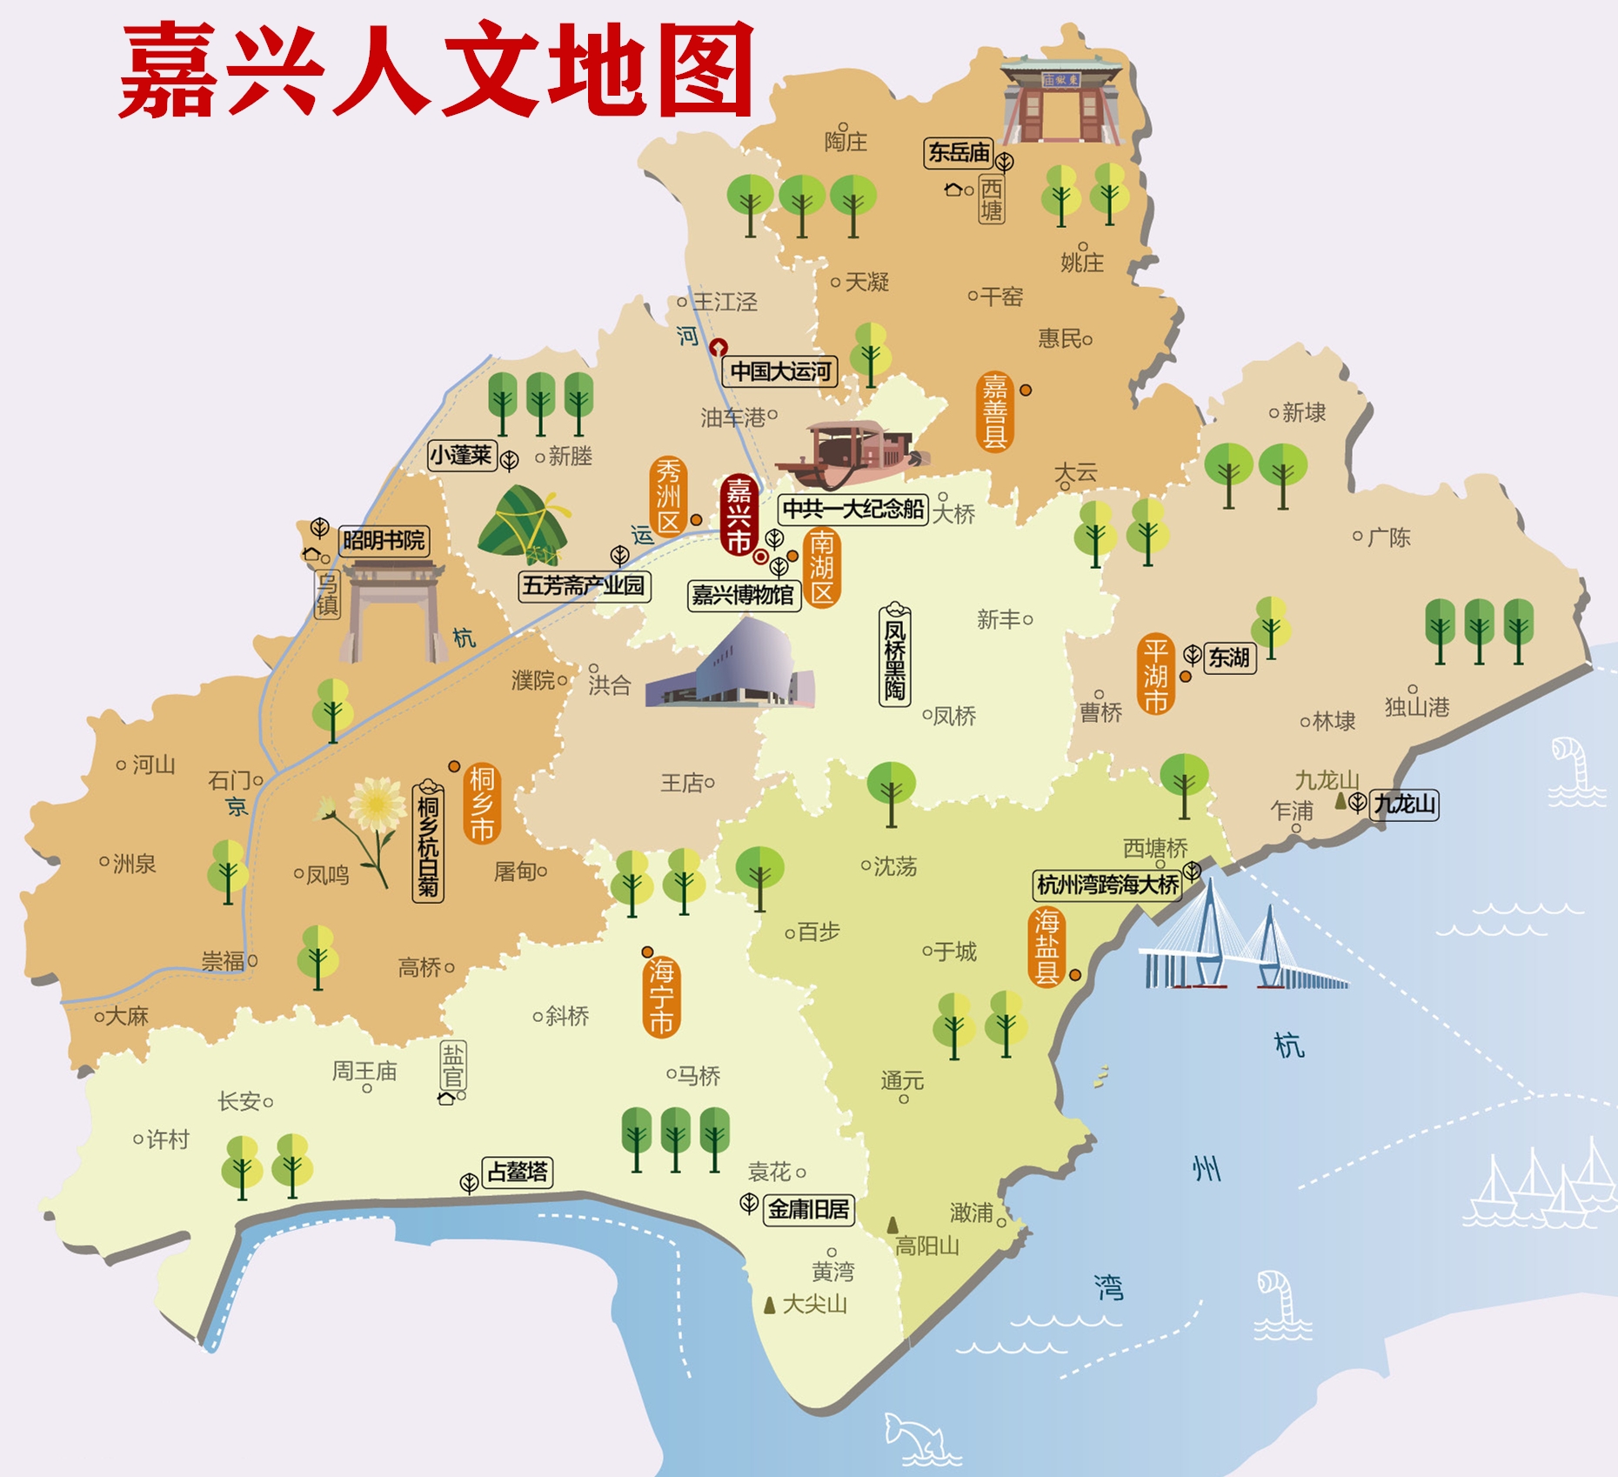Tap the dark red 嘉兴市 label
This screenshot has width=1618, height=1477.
pos(739,515)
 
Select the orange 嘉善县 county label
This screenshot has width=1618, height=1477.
pos(994,411)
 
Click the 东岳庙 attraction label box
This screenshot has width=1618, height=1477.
pos(959,153)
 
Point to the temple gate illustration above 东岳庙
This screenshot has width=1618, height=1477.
pos(1060,100)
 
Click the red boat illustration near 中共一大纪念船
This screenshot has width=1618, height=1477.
pos(852,452)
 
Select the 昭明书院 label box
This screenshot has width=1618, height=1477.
pos(384,541)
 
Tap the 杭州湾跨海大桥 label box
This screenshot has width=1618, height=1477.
pos(1107,886)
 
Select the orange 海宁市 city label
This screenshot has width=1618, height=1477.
pos(661,996)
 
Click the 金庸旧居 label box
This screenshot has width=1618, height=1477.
pos(808,1209)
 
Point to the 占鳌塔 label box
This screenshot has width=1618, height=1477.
pos(518,1172)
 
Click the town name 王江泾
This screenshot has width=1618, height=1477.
pos(725,302)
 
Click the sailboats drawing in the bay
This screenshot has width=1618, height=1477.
pos(1540,1187)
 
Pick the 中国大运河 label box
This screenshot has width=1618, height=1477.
pos(780,371)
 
